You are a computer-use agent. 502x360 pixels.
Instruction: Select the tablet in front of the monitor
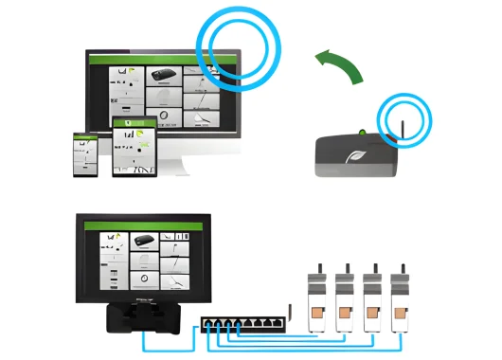click(133, 146)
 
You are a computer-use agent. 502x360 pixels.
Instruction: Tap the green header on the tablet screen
click(133, 122)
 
